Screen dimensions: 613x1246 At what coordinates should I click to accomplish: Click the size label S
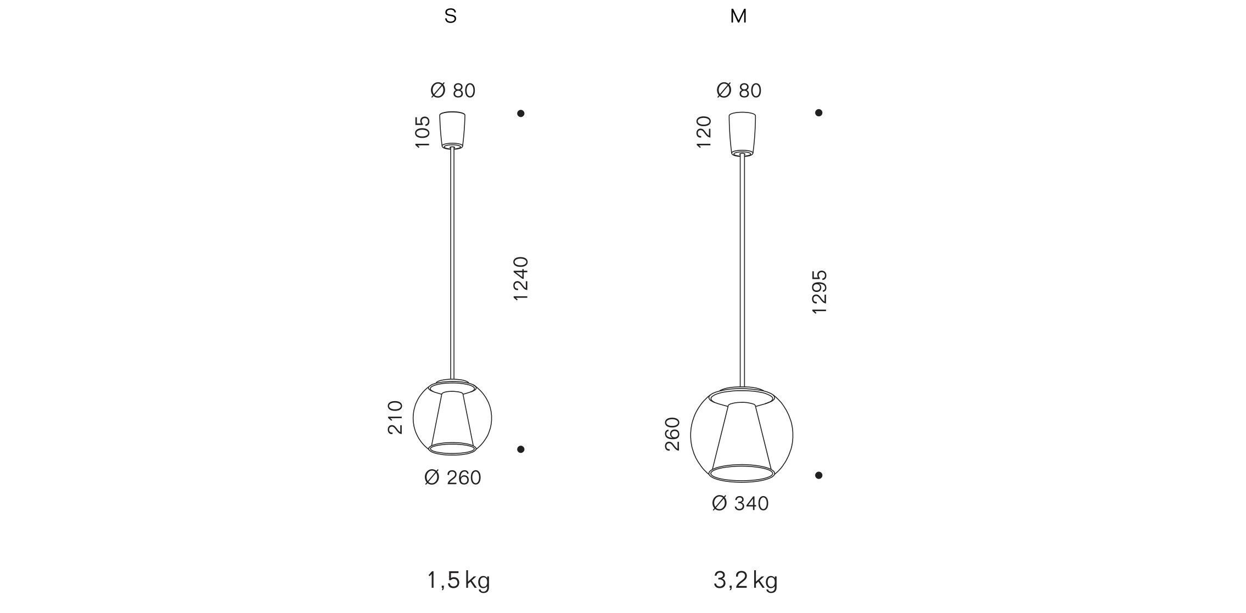[450, 16]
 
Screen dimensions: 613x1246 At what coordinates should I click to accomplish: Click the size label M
[738, 16]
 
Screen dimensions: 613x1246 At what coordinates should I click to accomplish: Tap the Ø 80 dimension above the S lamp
[453, 91]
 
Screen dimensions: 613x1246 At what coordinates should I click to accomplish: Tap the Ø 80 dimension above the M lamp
[739, 91]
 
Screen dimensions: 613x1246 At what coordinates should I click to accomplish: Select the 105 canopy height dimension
[423, 131]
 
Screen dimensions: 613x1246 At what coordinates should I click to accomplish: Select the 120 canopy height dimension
[704, 132]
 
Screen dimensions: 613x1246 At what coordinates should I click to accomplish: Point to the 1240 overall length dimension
[520, 278]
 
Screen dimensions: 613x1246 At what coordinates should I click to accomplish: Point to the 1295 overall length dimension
[819, 292]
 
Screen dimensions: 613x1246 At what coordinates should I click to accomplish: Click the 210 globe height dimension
[395, 418]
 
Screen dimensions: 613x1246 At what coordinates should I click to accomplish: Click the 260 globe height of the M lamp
[672, 434]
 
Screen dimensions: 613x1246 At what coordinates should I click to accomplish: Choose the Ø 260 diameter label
[453, 478]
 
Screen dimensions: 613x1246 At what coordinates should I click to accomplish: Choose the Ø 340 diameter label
[740, 503]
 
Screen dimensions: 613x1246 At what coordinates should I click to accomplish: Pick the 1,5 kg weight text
[458, 581]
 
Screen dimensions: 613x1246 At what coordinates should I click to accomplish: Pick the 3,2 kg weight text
[745, 581]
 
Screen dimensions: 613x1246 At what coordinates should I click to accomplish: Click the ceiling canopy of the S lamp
[452, 130]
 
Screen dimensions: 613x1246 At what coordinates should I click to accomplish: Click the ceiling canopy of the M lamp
[742, 132]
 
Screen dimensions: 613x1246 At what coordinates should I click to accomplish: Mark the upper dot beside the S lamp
[521, 114]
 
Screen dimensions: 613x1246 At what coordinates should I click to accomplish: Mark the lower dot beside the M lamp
[818, 475]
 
